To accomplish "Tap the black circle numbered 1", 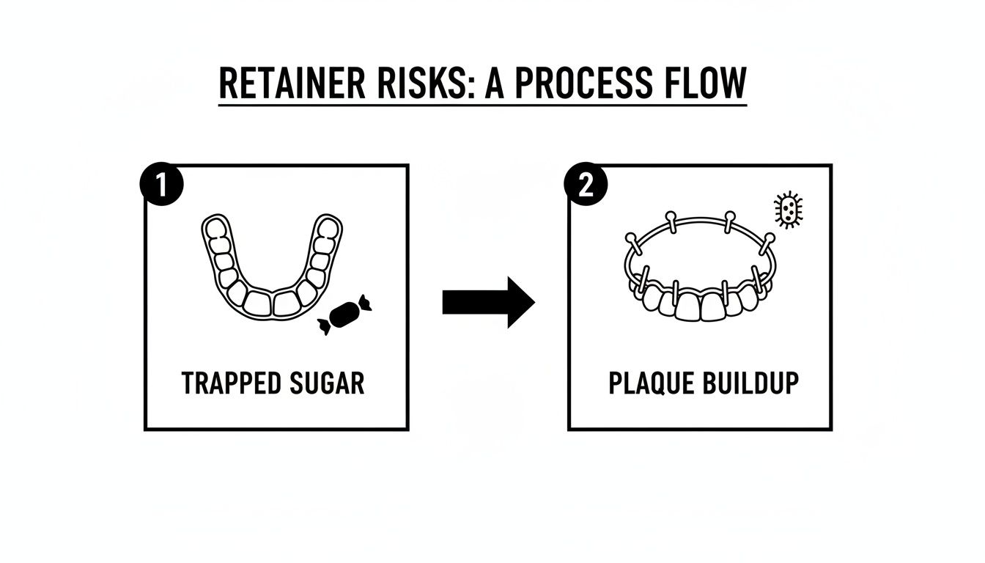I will click(159, 185).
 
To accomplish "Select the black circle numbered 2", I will click(585, 185).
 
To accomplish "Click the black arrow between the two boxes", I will click(488, 301).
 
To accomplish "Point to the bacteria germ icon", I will click(788, 211).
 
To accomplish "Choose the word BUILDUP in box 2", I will click(749, 383).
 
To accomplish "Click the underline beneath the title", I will click(482, 106).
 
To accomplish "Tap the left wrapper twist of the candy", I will click(324, 326).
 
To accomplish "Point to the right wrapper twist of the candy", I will click(364, 303).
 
